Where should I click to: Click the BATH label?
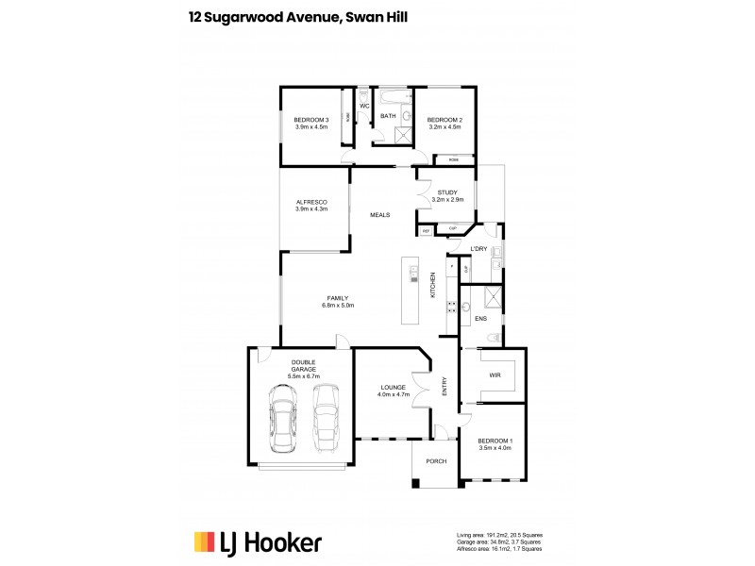point(388,117)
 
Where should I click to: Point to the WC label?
point(362,106)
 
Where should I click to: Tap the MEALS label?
point(380,215)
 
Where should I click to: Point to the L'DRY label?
point(478,248)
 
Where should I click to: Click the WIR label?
point(495,375)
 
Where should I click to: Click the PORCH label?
point(436,461)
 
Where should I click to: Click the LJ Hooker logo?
point(258,541)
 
